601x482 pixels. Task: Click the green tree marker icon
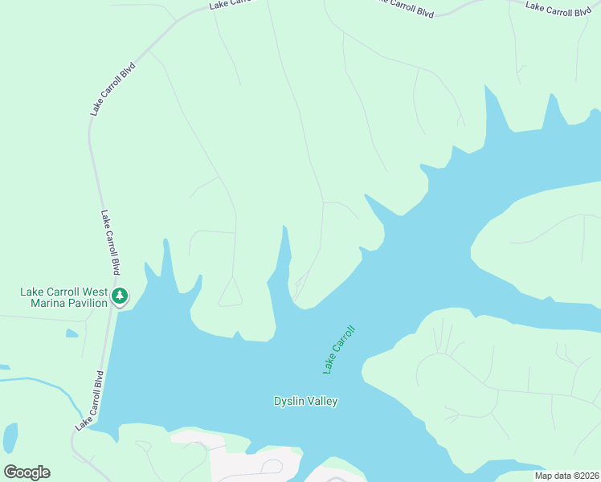pos(120,296)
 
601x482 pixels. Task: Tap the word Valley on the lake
pos(323,401)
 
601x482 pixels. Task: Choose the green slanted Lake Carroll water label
pos(338,349)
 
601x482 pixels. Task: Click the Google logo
pos(27,472)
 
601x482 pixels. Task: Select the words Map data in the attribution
pos(553,476)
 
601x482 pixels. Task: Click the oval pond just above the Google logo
pos(10,438)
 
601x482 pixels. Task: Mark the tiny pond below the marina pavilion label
pos(72,332)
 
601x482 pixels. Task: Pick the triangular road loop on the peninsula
pos(231,295)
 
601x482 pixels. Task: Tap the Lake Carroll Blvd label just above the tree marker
pos(110,243)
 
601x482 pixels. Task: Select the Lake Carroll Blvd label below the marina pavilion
pos(89,401)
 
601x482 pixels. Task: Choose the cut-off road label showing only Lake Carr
pos(230,4)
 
